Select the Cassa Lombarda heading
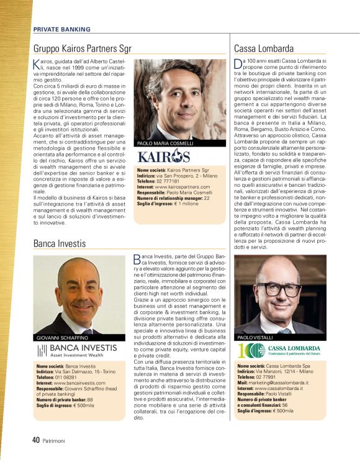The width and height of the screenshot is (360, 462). point(264,48)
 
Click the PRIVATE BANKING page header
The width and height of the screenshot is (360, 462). point(61,29)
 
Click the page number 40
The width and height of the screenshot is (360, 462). point(36,440)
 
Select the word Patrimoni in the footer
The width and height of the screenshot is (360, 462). point(55,441)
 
